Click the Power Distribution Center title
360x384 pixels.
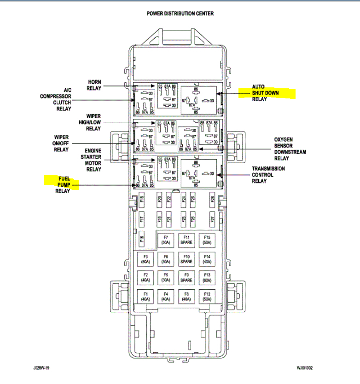pos(180,13)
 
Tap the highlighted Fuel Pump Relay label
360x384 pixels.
pos(63,185)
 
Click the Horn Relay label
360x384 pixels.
pos(94,86)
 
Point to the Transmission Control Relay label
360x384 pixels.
pos(268,175)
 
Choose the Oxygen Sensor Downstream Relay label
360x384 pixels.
pos(290,149)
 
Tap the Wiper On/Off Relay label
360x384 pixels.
pos(61,143)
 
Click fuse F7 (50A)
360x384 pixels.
pos(166,240)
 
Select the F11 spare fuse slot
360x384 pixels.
pos(186,240)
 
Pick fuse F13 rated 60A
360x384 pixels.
pos(207,277)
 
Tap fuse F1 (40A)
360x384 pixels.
pos(145,296)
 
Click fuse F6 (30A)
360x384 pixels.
pos(166,258)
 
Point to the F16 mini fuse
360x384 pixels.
pos(142,239)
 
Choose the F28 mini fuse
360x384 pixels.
pos(212,200)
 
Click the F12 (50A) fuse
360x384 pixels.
pos(207,296)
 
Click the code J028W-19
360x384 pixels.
pos(42,368)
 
